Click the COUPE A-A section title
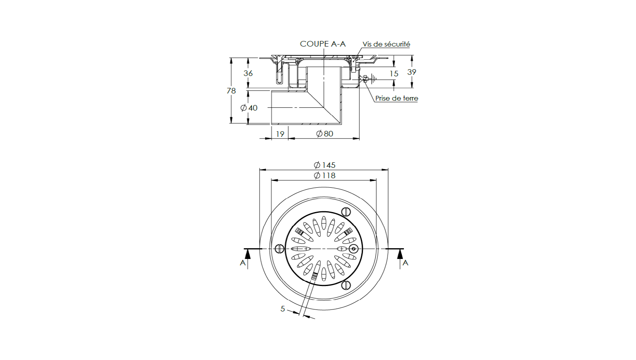(322, 44)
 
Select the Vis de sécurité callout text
(386, 44)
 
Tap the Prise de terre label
(396, 98)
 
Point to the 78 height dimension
(231, 91)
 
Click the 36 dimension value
(248, 73)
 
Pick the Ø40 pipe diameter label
(249, 108)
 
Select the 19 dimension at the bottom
(280, 134)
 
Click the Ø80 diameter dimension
(324, 134)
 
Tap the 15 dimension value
(394, 74)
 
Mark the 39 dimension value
(411, 72)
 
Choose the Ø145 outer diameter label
(324, 165)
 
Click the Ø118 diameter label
(324, 175)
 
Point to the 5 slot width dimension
(283, 309)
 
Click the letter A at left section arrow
(243, 263)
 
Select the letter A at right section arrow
(405, 263)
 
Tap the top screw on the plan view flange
(346, 212)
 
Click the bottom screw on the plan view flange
(346, 285)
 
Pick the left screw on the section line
(279, 249)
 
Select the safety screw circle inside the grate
(354, 249)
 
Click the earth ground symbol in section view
(373, 79)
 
